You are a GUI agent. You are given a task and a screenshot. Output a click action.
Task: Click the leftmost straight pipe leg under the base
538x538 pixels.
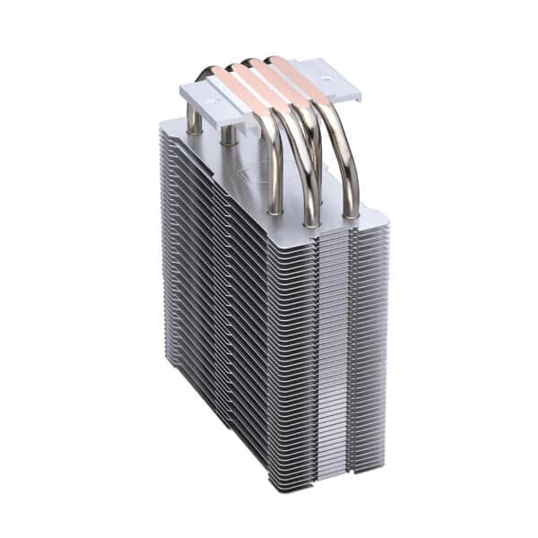click(194, 121)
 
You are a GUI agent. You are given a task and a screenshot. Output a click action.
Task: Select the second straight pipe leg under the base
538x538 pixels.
click(228, 134)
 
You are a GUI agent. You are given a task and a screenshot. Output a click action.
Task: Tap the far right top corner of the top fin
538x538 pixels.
click(387, 215)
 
